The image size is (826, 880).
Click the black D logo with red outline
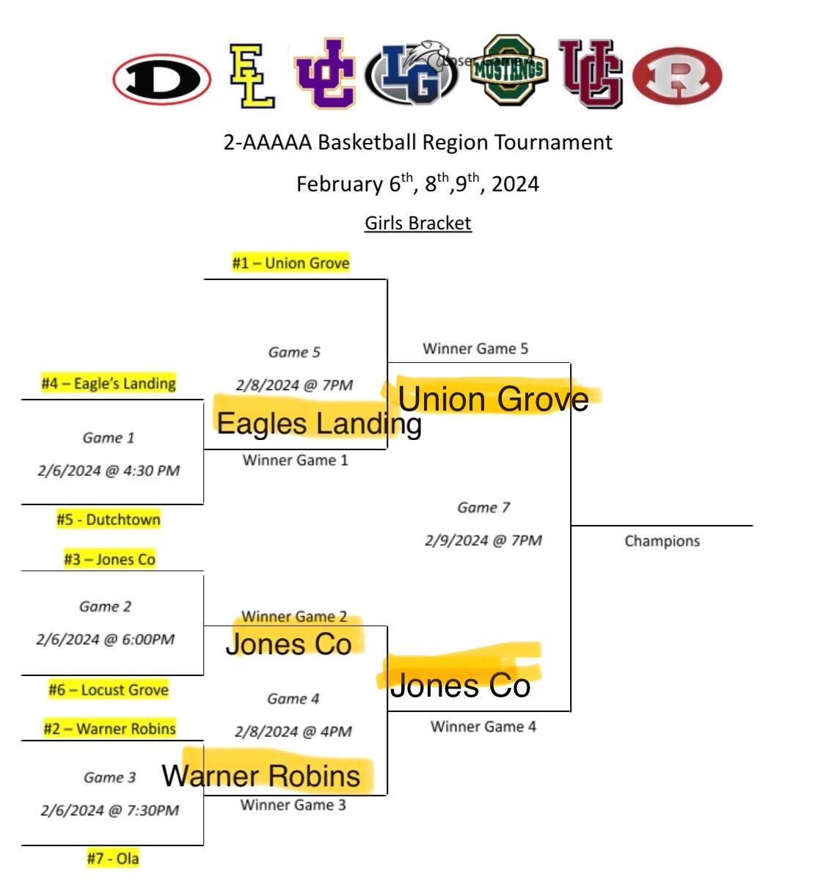tap(162, 78)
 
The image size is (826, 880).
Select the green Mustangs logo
tap(509, 70)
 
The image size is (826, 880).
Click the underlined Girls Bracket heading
tap(417, 223)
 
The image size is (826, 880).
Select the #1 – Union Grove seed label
tap(290, 263)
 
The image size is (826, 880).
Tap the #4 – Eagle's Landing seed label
tap(109, 384)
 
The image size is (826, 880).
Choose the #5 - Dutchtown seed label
tap(109, 520)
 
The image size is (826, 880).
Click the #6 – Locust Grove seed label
tap(109, 690)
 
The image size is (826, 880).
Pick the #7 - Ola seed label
tap(112, 858)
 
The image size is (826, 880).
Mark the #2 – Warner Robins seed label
tap(110, 729)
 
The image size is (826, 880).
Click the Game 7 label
tap(483, 507)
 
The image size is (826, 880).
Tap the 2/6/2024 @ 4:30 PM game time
tap(109, 471)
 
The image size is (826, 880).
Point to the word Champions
tap(662, 541)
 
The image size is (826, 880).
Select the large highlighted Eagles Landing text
tap(319, 423)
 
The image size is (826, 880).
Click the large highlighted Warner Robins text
tap(261, 776)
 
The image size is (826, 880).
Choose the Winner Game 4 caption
tap(483, 727)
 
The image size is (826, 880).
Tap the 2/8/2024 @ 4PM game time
tap(293, 732)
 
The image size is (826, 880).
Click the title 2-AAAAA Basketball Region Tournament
tap(417, 142)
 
